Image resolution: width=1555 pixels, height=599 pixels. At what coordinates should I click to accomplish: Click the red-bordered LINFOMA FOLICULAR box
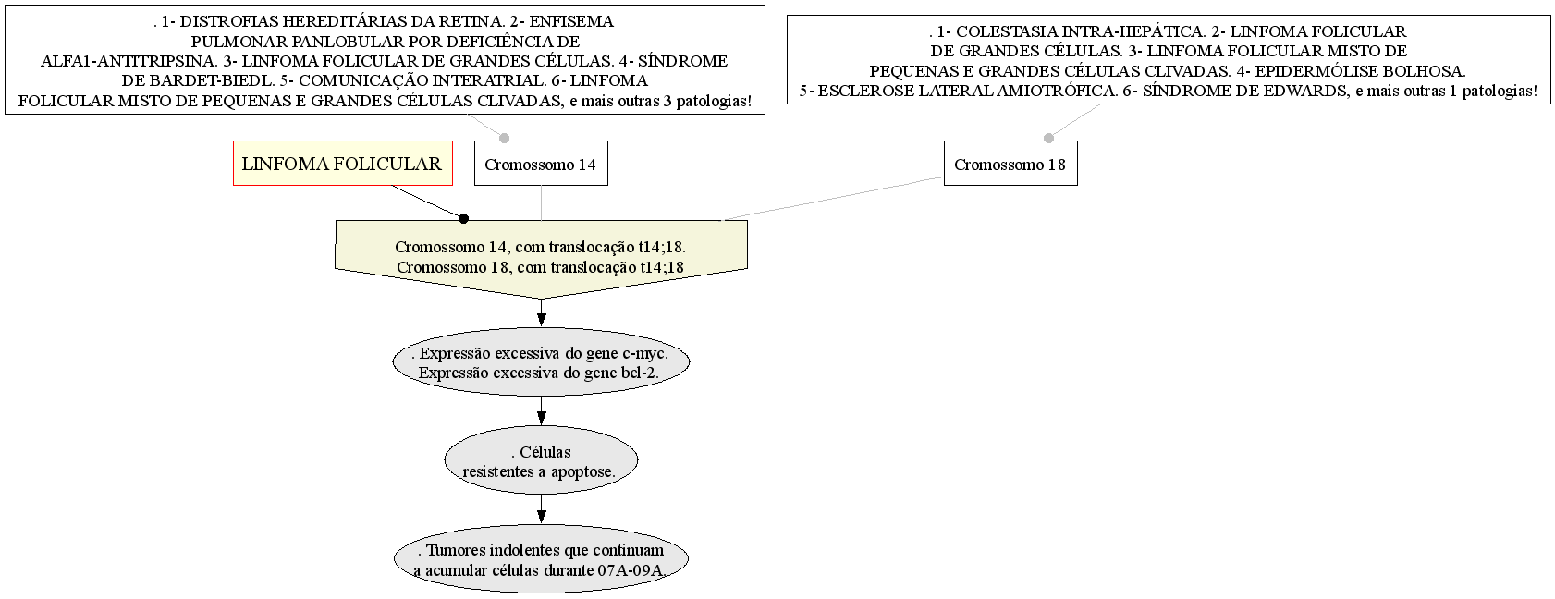coord(342,164)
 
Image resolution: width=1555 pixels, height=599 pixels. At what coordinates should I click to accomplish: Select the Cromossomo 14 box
coord(541,164)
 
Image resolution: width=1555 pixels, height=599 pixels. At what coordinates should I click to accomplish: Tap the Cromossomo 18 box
coord(1010,164)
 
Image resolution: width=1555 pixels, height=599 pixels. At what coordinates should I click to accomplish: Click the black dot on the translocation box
coord(464,219)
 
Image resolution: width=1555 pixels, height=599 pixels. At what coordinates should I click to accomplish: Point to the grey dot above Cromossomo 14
coord(504,139)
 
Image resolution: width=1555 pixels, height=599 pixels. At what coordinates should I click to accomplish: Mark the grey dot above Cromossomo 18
coord(1048,139)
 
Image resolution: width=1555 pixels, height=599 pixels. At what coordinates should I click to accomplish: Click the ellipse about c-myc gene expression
coord(541,362)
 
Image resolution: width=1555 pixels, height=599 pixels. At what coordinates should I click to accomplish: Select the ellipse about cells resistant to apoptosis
coord(541,461)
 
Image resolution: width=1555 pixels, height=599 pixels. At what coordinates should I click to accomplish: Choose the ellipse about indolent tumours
coord(541,559)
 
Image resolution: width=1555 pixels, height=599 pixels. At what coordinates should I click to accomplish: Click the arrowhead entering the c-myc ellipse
coord(541,319)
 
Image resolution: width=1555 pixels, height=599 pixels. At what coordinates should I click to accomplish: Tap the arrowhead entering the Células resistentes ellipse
coord(541,417)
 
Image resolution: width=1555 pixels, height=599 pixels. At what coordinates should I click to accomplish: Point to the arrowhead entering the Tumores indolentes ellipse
coord(541,515)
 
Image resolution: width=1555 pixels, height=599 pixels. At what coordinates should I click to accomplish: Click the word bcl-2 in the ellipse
coord(639,373)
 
